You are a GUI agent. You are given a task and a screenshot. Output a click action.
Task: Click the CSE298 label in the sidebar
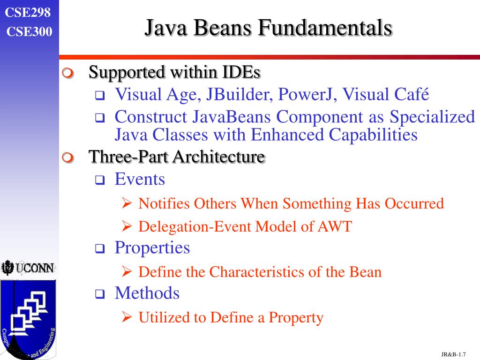point(28,13)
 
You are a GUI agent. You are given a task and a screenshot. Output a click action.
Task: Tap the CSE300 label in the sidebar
point(30,32)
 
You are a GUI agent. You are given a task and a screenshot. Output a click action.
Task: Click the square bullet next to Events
point(100,180)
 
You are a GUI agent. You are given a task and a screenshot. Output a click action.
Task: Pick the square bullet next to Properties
point(100,249)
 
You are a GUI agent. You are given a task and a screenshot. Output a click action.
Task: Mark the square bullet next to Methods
point(100,294)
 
